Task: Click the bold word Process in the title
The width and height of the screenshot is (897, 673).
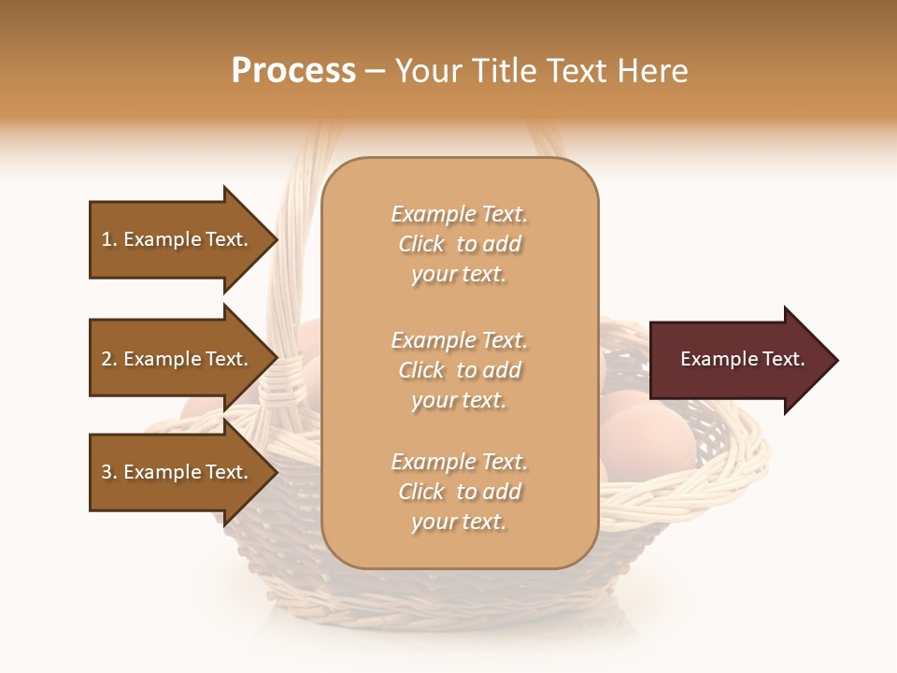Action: coord(293,71)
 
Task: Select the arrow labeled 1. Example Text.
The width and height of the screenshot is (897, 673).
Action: coord(178,239)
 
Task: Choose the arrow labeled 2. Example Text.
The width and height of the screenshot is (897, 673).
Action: coord(178,359)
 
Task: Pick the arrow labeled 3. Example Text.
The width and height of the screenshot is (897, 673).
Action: coord(178,472)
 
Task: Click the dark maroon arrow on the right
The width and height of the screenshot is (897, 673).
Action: coord(738,360)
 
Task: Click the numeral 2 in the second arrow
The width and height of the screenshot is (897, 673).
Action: coord(107,359)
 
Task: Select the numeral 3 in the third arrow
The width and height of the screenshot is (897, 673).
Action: coord(107,472)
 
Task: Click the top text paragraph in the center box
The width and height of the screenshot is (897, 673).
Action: coord(459,244)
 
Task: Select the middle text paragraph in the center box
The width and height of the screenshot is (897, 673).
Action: coord(459,370)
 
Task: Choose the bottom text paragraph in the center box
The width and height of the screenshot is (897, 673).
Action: coord(459,492)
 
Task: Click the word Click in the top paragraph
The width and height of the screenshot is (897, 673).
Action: coord(421,244)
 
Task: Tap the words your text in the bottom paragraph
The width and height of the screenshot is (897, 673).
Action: coord(459,522)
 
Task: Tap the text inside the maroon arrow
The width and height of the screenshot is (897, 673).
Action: coord(742,359)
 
